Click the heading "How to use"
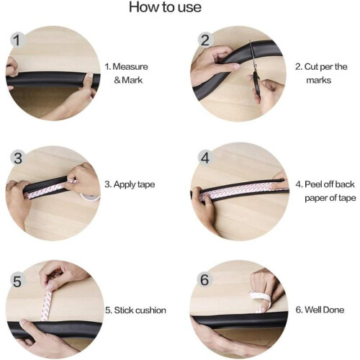(165, 6)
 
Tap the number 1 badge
(17, 40)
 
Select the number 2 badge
(205, 40)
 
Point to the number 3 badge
(18, 158)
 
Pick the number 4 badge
(205, 158)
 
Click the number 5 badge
(17, 281)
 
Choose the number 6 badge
(204, 280)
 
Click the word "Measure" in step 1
(130, 66)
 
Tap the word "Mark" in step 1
(132, 80)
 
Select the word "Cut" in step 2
(311, 66)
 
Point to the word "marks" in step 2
(319, 80)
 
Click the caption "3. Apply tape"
(130, 184)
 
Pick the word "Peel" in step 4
(313, 184)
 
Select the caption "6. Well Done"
(320, 310)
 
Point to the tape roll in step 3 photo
(90, 197)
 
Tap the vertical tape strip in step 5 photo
(47, 305)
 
